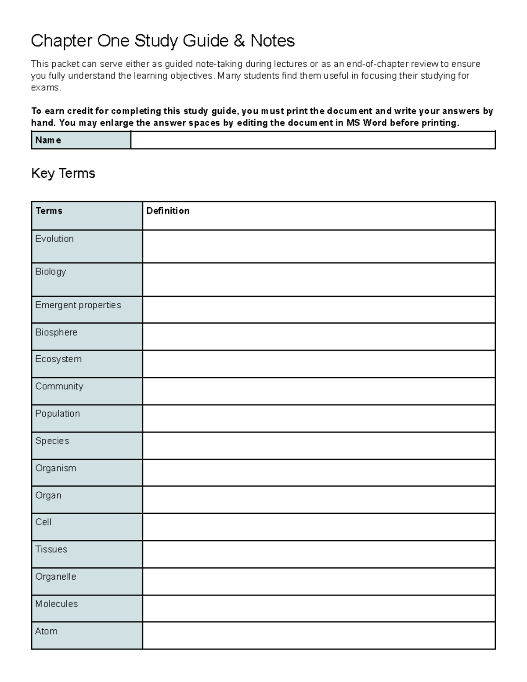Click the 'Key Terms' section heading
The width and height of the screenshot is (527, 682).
click(63, 173)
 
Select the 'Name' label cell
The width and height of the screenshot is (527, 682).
click(48, 140)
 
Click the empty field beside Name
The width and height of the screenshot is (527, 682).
click(313, 140)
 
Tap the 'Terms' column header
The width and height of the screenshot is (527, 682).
click(49, 211)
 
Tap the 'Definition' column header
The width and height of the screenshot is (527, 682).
click(168, 211)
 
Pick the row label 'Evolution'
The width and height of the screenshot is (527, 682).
click(54, 239)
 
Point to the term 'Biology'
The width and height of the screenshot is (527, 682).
click(51, 272)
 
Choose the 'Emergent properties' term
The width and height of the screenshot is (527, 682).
click(78, 305)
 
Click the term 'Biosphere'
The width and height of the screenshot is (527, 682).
click(56, 332)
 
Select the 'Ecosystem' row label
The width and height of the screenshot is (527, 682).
click(58, 359)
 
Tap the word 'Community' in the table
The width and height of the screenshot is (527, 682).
click(59, 386)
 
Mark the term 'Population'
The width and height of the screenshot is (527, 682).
click(58, 414)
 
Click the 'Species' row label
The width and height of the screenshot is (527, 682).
click(52, 441)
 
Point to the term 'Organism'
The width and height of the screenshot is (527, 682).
click(56, 468)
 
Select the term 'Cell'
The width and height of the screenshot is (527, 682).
click(43, 522)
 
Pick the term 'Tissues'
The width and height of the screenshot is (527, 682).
click(51, 549)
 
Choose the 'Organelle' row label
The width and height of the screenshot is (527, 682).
click(56, 577)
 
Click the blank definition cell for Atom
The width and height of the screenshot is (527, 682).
click(319, 635)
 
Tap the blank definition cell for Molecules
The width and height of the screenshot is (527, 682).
click(319, 608)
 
